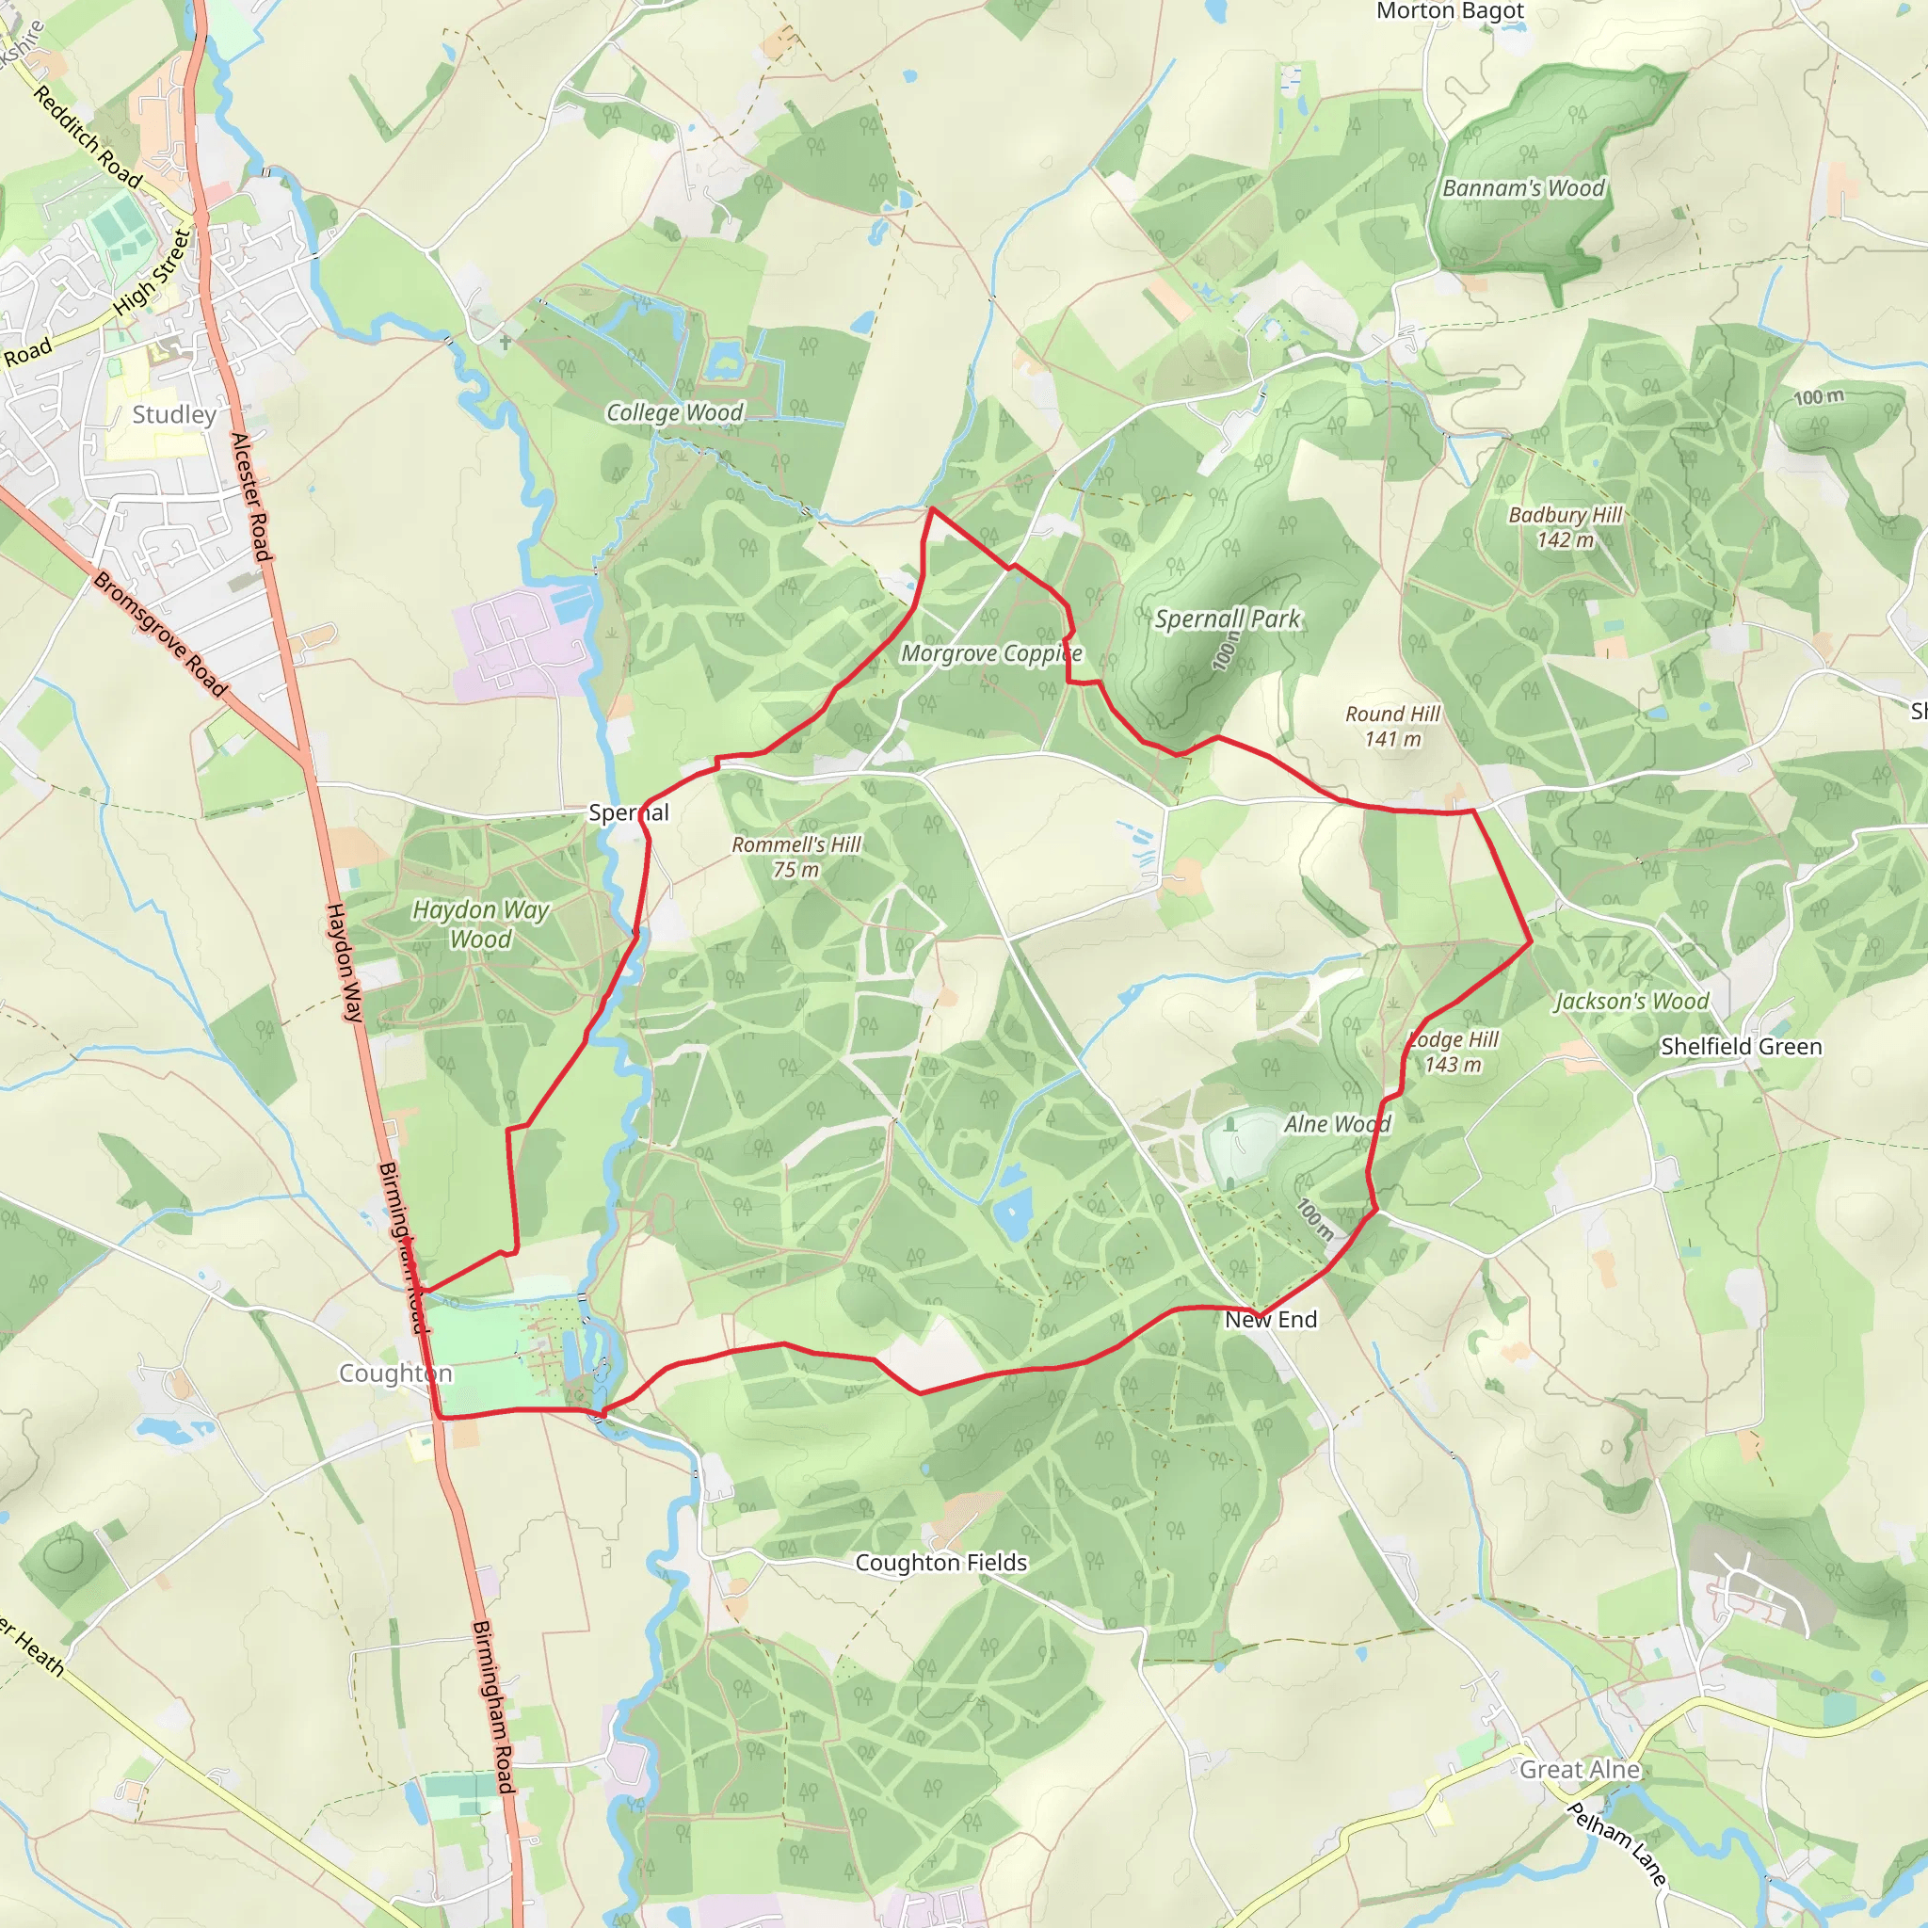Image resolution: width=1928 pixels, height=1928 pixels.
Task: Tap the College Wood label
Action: pos(675,412)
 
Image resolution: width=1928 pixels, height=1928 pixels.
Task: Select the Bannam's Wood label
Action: pos(1523,187)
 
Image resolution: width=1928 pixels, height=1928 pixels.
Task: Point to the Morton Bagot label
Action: pos(1450,11)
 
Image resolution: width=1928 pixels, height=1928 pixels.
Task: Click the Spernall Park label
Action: pos(1228,619)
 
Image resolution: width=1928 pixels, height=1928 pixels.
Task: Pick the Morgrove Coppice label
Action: pos(991,653)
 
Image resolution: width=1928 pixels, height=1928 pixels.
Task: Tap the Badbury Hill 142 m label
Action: pos(1565,527)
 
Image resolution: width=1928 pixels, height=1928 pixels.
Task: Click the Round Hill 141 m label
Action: pos(1392,726)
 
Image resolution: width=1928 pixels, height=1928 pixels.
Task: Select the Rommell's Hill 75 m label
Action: pos(796,857)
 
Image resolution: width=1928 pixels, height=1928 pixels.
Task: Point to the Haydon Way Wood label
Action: pos(480,924)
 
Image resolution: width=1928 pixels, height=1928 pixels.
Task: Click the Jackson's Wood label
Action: pos(1631,1001)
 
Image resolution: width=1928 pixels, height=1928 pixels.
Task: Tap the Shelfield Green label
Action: pos(1741,1046)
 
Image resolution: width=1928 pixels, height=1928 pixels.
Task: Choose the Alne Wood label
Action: pos(1336,1124)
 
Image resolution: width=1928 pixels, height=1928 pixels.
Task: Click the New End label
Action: pos(1270,1319)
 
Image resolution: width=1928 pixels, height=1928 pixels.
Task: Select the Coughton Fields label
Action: pos(941,1562)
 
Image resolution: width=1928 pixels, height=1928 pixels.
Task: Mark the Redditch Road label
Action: pos(88,137)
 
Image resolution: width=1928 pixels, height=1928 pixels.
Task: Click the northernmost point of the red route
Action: pos(931,509)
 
